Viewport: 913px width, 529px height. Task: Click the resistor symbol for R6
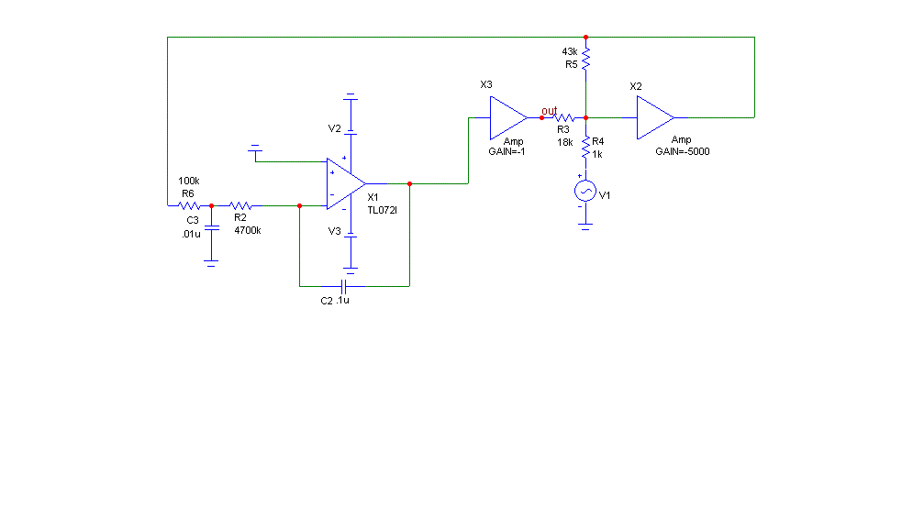tap(189, 205)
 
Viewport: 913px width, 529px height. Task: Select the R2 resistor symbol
tap(240, 205)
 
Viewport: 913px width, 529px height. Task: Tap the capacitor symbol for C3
tap(211, 228)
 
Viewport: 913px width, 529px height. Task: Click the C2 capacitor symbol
tap(343, 286)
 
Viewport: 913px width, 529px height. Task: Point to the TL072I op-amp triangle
tap(346, 183)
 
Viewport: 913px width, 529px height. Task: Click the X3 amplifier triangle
tap(508, 118)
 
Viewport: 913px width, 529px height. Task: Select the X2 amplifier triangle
tap(655, 117)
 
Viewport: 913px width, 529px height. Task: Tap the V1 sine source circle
tap(585, 191)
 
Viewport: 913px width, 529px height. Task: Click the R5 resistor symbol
tap(585, 59)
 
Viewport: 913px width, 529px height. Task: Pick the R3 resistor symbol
tap(563, 118)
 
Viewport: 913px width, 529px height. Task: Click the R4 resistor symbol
tap(585, 148)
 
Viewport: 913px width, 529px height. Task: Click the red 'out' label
tap(549, 111)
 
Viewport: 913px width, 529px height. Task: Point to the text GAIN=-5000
tap(683, 151)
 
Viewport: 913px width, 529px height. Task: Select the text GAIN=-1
tap(507, 151)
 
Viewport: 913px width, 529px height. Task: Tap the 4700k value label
tap(248, 230)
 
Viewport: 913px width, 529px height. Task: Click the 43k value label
tap(570, 51)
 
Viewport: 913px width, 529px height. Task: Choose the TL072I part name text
tap(382, 210)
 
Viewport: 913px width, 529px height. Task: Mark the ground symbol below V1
tap(585, 226)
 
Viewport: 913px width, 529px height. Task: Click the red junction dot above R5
tap(585, 38)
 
